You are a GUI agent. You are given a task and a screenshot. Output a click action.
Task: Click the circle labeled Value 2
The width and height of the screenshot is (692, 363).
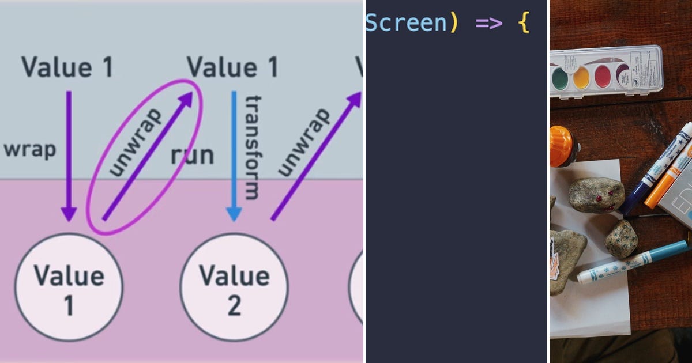click(x=234, y=287)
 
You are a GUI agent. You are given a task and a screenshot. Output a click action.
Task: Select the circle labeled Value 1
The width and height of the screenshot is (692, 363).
click(x=69, y=287)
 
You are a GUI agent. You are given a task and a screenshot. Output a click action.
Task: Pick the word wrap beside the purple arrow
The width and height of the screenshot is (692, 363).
click(x=30, y=149)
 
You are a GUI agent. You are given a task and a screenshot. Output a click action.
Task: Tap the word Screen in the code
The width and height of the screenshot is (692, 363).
click(x=405, y=22)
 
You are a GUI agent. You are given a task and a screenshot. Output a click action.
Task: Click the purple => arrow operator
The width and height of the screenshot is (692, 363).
click(x=489, y=22)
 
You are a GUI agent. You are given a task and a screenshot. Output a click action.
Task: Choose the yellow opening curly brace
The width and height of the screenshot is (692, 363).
click(x=524, y=23)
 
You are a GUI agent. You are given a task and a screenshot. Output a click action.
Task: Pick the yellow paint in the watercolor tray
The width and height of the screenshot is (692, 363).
click(x=581, y=77)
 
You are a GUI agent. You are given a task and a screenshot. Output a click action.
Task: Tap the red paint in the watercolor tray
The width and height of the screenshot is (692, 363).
click(x=603, y=75)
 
